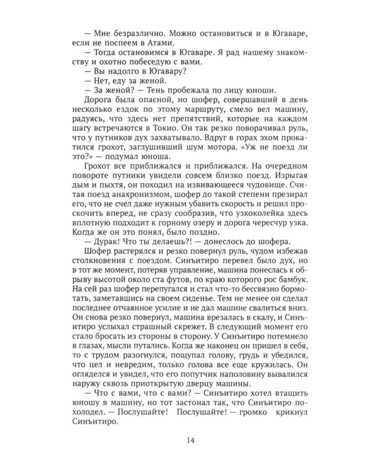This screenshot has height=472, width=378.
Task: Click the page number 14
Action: tap(190, 439)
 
